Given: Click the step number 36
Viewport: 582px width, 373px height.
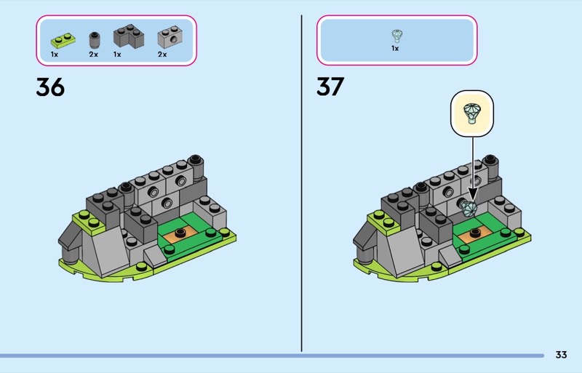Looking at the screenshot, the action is tap(50, 87).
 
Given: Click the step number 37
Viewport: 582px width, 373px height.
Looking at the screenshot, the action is tap(330, 87).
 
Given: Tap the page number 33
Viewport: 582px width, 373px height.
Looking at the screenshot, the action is tap(561, 355).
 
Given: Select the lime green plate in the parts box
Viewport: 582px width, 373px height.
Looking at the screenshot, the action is tap(63, 41).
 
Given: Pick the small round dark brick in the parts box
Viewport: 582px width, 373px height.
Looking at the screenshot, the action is tap(95, 40).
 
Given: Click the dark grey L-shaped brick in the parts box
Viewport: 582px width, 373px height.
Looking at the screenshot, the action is tap(129, 36).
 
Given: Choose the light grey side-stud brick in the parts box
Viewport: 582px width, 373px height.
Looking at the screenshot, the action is tap(170, 37).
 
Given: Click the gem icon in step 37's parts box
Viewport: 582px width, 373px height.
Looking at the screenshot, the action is tap(397, 36).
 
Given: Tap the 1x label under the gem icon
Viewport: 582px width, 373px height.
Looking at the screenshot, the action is tap(395, 48).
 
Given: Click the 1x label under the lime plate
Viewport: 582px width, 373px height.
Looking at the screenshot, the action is tap(55, 55).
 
